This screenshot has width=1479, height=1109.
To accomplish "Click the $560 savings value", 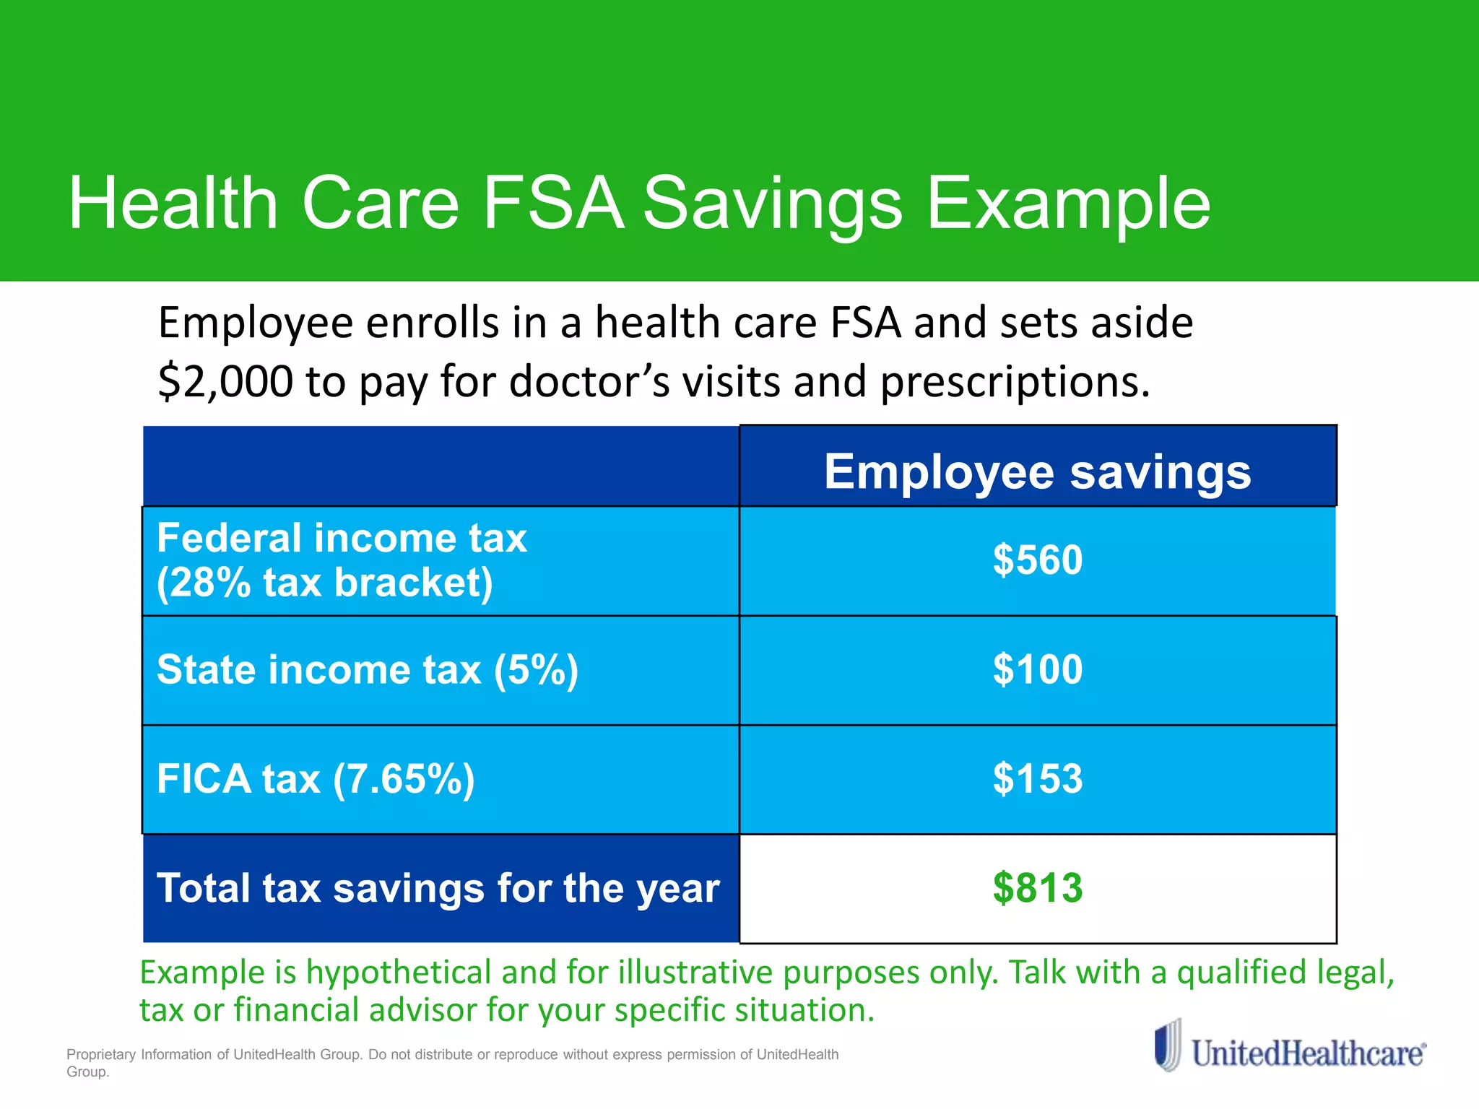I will [x=1038, y=560].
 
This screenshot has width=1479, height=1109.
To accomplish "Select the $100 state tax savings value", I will [x=1038, y=669].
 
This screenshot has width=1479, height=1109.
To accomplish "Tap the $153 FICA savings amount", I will [x=1038, y=779].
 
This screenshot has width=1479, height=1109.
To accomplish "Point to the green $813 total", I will [x=1038, y=888].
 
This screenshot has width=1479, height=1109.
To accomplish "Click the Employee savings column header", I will [x=1038, y=472].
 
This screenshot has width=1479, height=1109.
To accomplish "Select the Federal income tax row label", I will [x=342, y=539].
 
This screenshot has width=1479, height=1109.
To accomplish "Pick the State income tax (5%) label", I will [x=368, y=669].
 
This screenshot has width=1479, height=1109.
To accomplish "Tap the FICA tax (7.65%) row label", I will [x=316, y=779].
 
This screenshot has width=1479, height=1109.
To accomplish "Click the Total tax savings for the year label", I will [x=438, y=888].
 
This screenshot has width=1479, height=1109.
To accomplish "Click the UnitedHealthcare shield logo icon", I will [x=1168, y=1045].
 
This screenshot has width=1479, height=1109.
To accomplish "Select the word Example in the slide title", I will [x=1068, y=205].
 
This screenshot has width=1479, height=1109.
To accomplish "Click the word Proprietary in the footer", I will [x=101, y=1055].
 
